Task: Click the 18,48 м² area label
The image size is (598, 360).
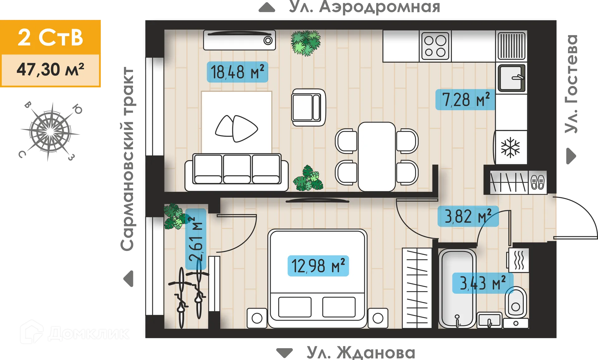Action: [x=237, y=72]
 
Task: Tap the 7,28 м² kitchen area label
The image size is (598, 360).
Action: [x=465, y=100]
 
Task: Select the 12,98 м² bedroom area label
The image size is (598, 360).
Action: [x=318, y=266]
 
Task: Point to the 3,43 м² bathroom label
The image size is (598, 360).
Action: [x=482, y=283]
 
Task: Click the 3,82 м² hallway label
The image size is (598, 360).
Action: [x=468, y=216]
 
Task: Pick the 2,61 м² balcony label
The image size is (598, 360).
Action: [x=196, y=239]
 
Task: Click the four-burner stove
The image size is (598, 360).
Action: [x=435, y=46]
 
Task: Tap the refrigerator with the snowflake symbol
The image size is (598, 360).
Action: [x=510, y=147]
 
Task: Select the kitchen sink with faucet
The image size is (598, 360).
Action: [x=511, y=78]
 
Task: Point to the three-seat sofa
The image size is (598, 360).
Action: [x=236, y=172]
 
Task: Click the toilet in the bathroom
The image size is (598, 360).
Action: [x=516, y=302]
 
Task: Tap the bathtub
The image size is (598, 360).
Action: [x=457, y=288]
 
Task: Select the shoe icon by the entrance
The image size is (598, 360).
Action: [x=537, y=182]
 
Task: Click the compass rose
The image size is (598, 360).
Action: [x=50, y=132]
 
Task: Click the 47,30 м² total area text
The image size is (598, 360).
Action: [x=50, y=70]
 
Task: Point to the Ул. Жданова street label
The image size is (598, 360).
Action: [x=361, y=353]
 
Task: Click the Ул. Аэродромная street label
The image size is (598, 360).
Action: [x=364, y=7]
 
